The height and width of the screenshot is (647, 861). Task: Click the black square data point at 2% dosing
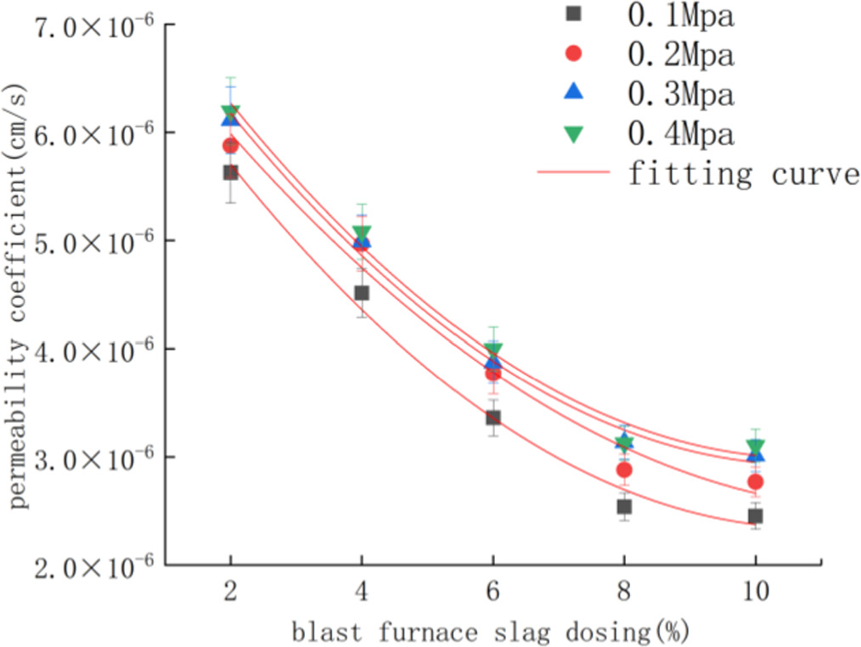click(230, 172)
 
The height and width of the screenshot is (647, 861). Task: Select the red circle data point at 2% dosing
click(230, 146)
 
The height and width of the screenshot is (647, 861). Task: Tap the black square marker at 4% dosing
click(362, 293)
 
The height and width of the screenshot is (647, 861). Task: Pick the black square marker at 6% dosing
click(492, 417)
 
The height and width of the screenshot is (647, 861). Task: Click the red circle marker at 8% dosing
click(624, 470)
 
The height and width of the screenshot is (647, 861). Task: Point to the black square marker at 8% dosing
click(624, 507)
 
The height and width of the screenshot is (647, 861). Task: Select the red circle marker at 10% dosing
click(756, 482)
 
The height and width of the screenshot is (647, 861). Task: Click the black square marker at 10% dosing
click(756, 516)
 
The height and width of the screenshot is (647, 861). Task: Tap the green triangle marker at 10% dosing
click(756, 447)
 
